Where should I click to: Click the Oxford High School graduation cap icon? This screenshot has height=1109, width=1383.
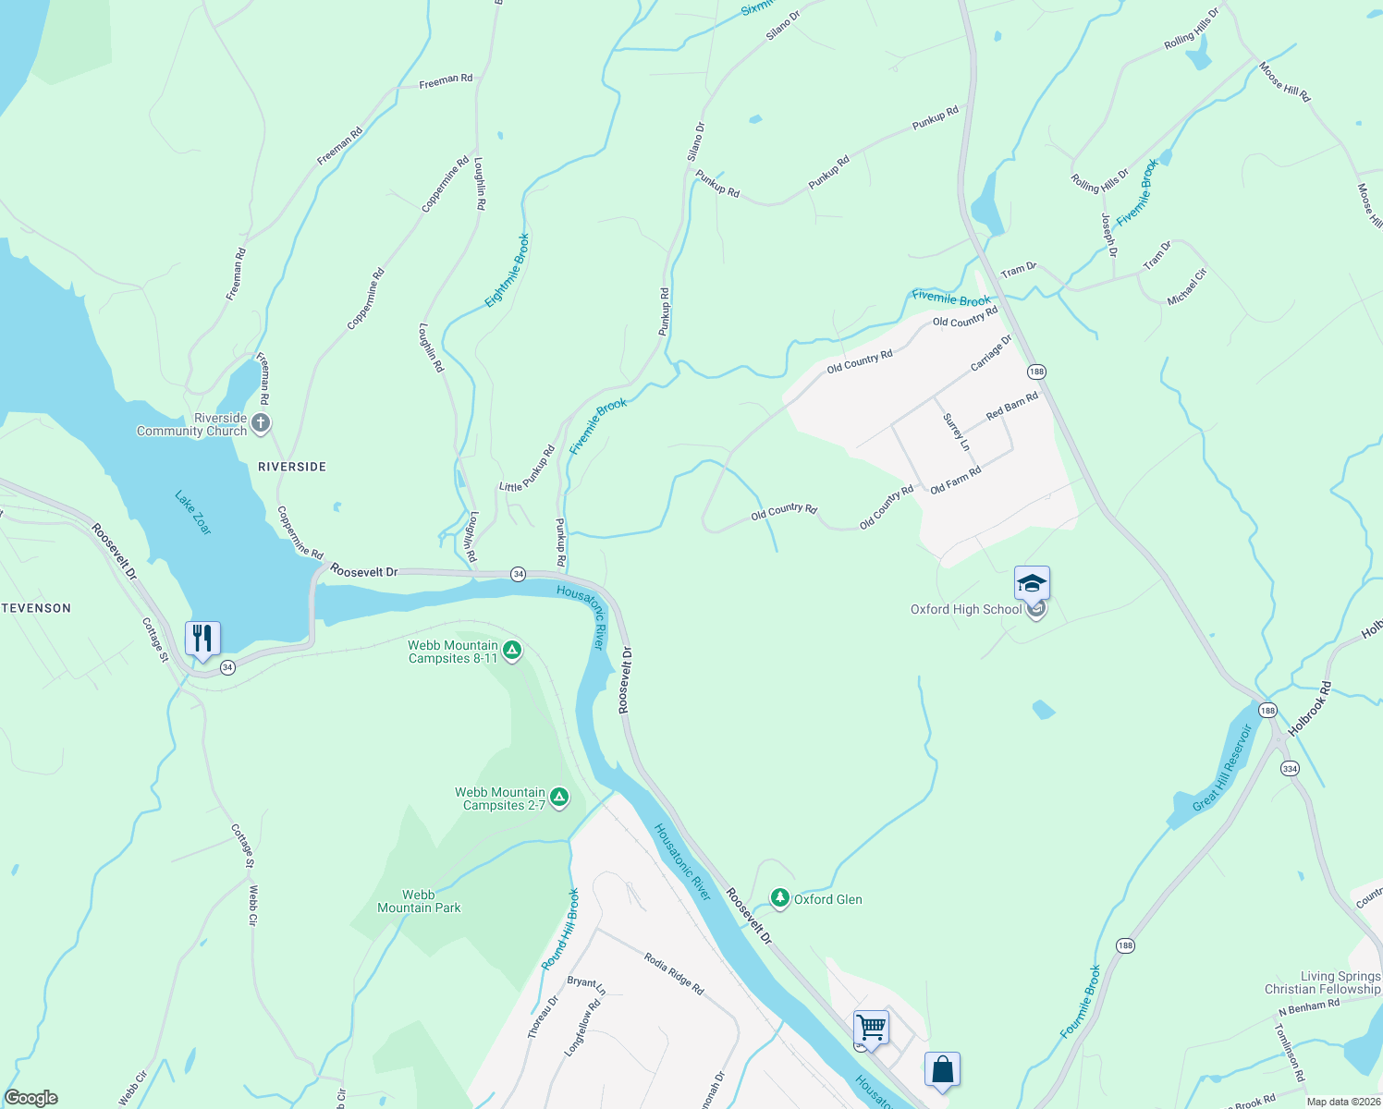(x=1032, y=584)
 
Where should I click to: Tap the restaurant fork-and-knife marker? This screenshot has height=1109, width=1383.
(x=202, y=639)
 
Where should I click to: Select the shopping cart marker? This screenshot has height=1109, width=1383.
(x=871, y=1027)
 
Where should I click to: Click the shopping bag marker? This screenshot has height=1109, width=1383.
(x=942, y=1069)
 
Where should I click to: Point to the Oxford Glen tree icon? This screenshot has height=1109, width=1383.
(x=780, y=898)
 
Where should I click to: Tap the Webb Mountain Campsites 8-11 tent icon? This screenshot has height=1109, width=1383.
(x=512, y=652)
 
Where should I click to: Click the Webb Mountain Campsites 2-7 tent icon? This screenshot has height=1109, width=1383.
(x=558, y=798)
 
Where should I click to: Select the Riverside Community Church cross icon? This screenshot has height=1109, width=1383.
(x=261, y=424)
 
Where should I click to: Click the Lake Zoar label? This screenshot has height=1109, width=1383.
(x=193, y=513)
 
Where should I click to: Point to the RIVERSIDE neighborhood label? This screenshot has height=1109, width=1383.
(x=292, y=467)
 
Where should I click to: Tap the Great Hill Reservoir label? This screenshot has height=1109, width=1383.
(x=1222, y=768)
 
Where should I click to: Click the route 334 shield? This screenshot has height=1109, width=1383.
(x=1290, y=768)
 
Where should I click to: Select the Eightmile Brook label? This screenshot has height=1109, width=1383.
(x=508, y=271)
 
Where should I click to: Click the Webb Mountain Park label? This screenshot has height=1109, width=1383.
(x=419, y=901)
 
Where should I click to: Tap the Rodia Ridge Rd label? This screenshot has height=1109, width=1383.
(x=674, y=974)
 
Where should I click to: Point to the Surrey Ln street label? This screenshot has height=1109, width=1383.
(x=957, y=433)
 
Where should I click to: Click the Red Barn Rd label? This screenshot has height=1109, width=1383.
(x=1011, y=406)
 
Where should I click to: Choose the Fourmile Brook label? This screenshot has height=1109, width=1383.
(x=1081, y=1002)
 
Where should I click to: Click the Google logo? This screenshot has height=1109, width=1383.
(x=31, y=1097)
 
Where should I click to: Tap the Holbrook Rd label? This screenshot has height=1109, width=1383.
(x=1310, y=709)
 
